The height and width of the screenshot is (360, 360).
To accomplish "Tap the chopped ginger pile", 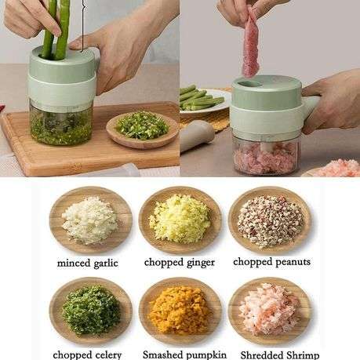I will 180,220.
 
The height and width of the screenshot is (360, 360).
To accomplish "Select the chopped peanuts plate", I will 269,220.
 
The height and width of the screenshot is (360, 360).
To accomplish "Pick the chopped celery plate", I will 90,311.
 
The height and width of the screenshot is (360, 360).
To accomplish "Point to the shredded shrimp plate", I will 269,311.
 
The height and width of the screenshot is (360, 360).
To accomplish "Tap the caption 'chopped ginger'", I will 180,263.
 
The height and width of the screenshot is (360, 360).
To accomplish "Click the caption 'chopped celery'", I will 89,354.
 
